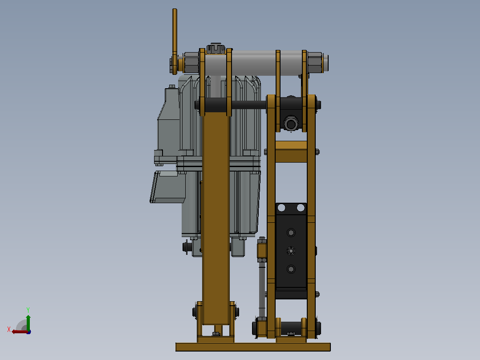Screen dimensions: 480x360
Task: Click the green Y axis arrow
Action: coord(28,322)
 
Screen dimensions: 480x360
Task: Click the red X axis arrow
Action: coord(20,331)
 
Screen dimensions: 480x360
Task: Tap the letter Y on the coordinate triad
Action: coord(28,310)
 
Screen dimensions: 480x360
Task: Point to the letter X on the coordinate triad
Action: coord(9,329)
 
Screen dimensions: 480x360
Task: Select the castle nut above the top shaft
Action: coord(216,49)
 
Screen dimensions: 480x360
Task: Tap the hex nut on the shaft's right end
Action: coord(315,62)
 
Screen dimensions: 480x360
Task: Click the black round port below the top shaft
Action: coord(290,123)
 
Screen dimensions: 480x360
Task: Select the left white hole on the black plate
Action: coord(281,208)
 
